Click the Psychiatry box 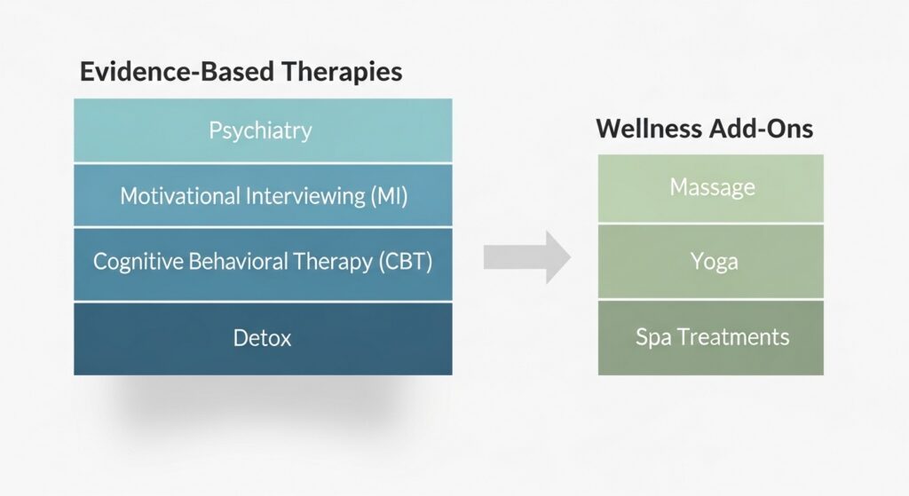point(262,130)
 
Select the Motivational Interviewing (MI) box point(262,196)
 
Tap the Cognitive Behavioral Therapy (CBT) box point(262,263)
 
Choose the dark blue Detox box point(262,338)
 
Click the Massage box point(711,187)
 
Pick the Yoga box point(711,262)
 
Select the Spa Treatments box point(711,337)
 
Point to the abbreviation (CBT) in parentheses point(405,263)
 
